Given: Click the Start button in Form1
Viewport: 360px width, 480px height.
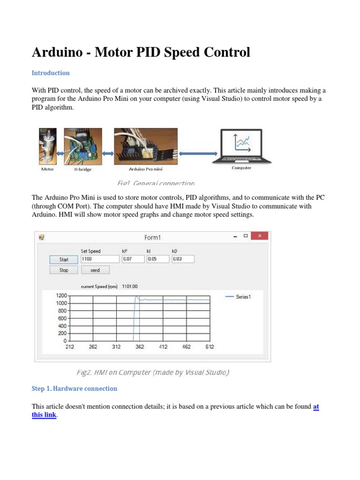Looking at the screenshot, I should coord(64,259).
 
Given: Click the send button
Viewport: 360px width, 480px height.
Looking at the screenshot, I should coord(95,270).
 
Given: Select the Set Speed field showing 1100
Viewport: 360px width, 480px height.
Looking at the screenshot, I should coord(100,259).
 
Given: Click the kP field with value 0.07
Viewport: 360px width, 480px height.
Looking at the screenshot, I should coord(133,259).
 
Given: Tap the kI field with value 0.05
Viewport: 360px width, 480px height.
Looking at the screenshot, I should coord(158,259).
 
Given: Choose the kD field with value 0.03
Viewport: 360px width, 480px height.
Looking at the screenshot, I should coord(183,259).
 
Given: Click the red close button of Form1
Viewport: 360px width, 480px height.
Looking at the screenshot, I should coord(259,236).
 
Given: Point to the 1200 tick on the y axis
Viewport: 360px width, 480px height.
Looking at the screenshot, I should coord(62,296).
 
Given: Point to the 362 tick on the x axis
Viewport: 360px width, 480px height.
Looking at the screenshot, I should coord(140,347).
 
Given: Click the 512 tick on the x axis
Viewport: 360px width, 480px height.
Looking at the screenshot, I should coord(210,347).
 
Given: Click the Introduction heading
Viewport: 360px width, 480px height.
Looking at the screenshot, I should coord(51,73).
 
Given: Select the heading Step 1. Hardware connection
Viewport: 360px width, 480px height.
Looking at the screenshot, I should coord(74,389).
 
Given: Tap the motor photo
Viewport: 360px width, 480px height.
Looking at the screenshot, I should coord(48,146).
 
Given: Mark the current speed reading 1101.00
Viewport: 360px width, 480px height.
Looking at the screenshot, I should coord(130,286).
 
